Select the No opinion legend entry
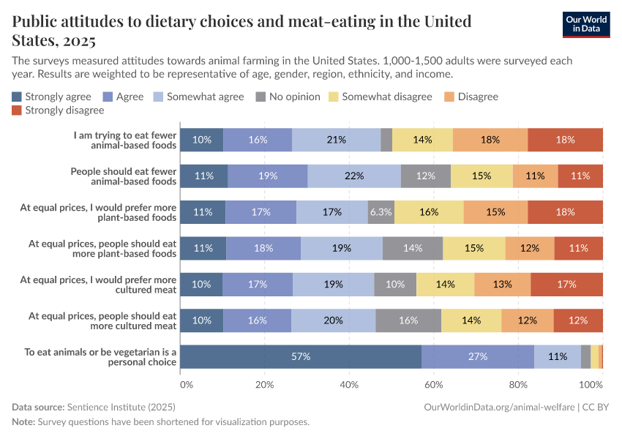[x=290, y=97]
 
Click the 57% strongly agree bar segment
[x=301, y=356]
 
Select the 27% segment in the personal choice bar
[x=478, y=356]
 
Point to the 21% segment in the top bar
[x=336, y=140]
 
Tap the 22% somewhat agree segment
[x=354, y=176]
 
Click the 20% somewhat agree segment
[x=333, y=320]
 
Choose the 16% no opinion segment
[x=408, y=320]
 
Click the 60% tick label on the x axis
[x=434, y=384]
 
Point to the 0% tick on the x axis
[x=186, y=384]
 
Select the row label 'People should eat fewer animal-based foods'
[x=124, y=176]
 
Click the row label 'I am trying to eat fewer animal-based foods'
[x=125, y=140]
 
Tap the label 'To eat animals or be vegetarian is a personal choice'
[x=100, y=356]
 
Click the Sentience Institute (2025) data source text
[x=121, y=406]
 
